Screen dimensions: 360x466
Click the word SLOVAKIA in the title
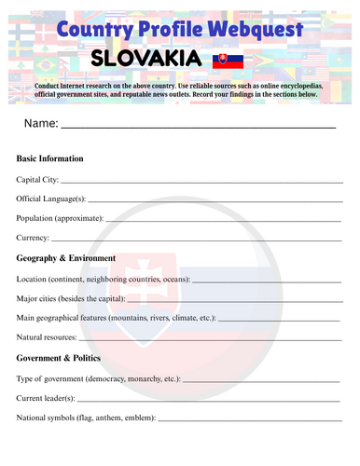click(x=146, y=60)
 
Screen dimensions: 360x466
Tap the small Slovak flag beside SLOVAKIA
click(x=224, y=61)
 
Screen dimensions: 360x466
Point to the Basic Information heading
click(x=50, y=158)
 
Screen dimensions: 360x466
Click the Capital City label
click(x=37, y=179)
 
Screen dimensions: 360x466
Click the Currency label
click(x=35, y=239)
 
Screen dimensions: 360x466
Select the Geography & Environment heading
click(x=66, y=258)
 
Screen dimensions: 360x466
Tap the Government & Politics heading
click(x=59, y=358)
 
